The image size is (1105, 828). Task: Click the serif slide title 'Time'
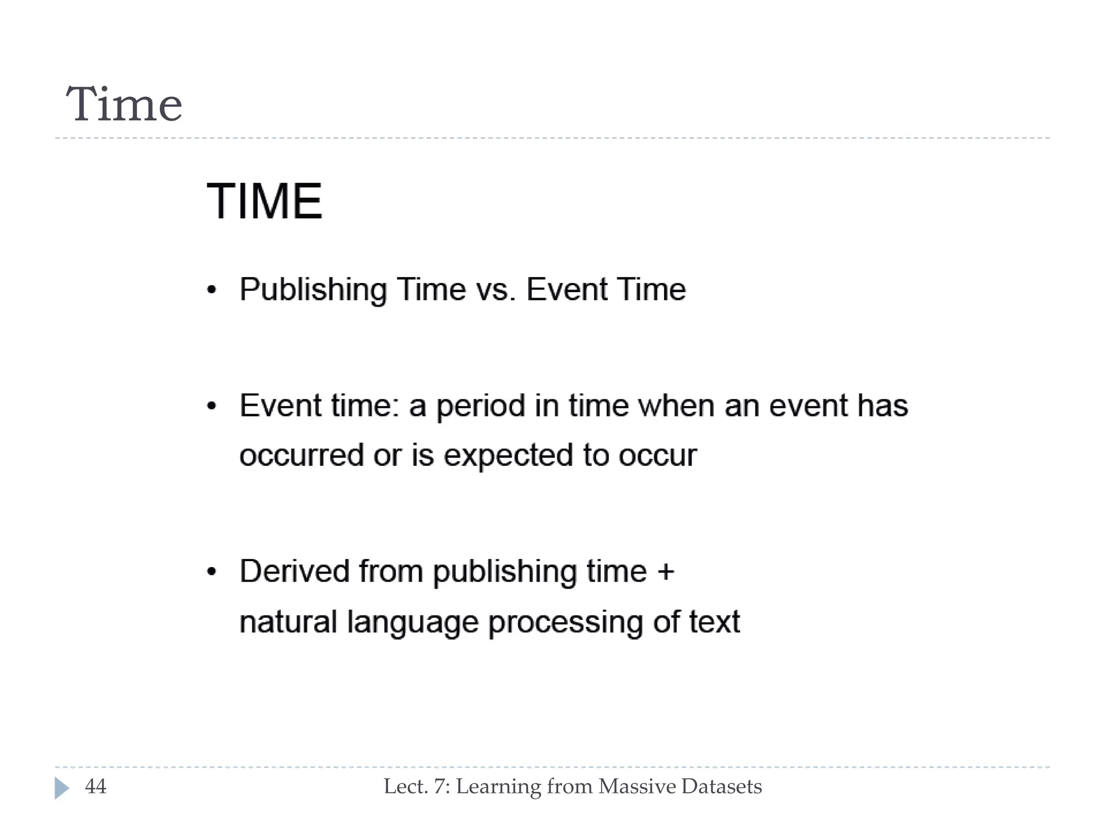coord(124,105)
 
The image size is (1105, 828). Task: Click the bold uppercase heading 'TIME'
coord(264,202)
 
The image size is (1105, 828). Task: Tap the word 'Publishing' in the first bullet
coord(313,290)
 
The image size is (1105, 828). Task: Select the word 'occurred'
coord(302,456)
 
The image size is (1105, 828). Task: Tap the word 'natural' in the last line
coord(288,622)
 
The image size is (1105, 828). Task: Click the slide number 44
coord(96,787)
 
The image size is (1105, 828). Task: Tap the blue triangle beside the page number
coord(61,788)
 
